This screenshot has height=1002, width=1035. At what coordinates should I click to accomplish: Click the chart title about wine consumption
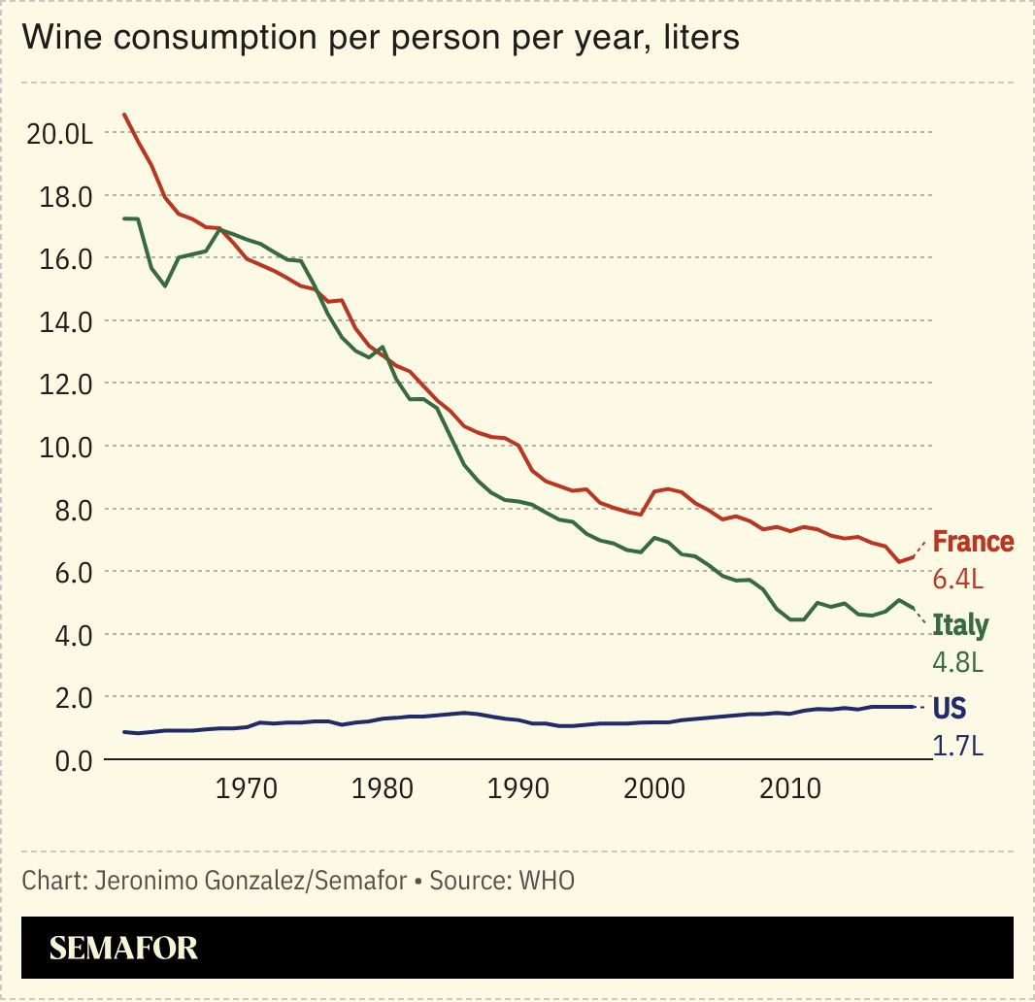pyautogui.click(x=381, y=37)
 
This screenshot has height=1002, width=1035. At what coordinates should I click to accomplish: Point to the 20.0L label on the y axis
pyautogui.click(x=60, y=134)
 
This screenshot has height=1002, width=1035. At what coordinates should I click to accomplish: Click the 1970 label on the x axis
pyautogui.click(x=249, y=786)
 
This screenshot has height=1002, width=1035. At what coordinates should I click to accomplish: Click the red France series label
pyautogui.click(x=973, y=542)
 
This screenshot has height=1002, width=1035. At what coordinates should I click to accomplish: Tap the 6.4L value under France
pyautogui.click(x=958, y=580)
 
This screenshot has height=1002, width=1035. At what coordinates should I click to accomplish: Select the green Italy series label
pyautogui.click(x=960, y=625)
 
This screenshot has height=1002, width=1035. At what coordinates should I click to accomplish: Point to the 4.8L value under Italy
pyautogui.click(x=958, y=662)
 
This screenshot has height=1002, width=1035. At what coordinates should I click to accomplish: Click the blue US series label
pyautogui.click(x=950, y=708)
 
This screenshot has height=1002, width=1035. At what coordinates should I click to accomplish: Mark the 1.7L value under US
pyautogui.click(x=958, y=746)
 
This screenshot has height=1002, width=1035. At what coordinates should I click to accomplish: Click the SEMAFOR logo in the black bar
pyautogui.click(x=123, y=948)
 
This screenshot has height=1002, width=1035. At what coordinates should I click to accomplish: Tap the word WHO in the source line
pyautogui.click(x=547, y=881)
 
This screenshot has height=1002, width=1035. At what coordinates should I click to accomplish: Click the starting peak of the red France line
pyautogui.click(x=124, y=115)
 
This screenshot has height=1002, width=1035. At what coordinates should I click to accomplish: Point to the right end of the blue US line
pyautogui.click(x=914, y=707)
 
